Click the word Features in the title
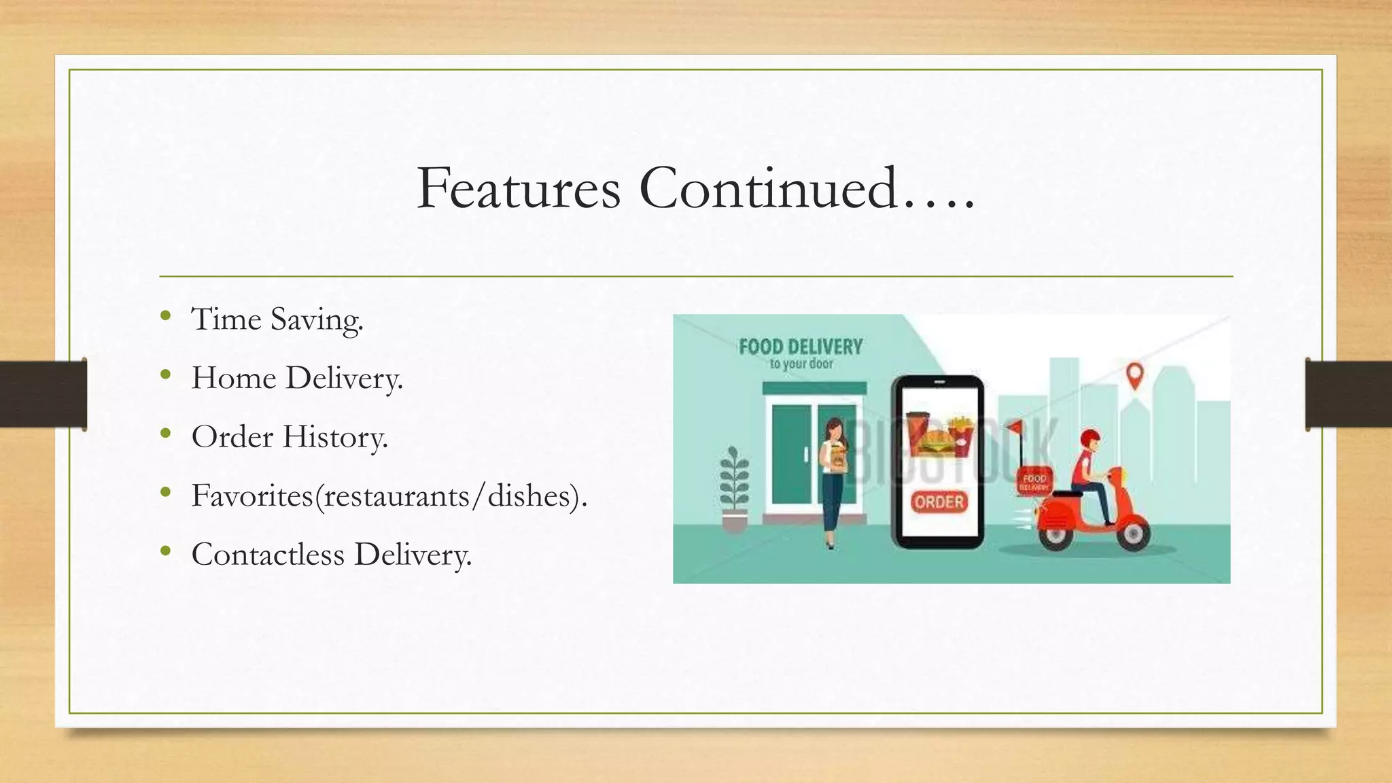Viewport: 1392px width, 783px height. click(x=518, y=188)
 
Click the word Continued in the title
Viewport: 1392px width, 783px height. click(x=768, y=188)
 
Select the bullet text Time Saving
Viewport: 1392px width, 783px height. click(x=277, y=319)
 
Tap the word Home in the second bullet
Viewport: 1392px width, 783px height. click(x=233, y=378)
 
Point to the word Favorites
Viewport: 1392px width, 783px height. click(x=252, y=495)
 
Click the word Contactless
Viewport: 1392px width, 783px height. click(x=268, y=554)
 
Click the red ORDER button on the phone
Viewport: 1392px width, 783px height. click(x=939, y=502)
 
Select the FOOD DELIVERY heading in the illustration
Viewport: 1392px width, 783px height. click(x=801, y=347)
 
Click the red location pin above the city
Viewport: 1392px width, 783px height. click(x=1134, y=375)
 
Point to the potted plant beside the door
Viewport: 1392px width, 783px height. click(x=734, y=486)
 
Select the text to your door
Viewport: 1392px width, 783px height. click(x=801, y=364)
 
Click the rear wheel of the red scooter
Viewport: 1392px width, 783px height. click(x=1055, y=534)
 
